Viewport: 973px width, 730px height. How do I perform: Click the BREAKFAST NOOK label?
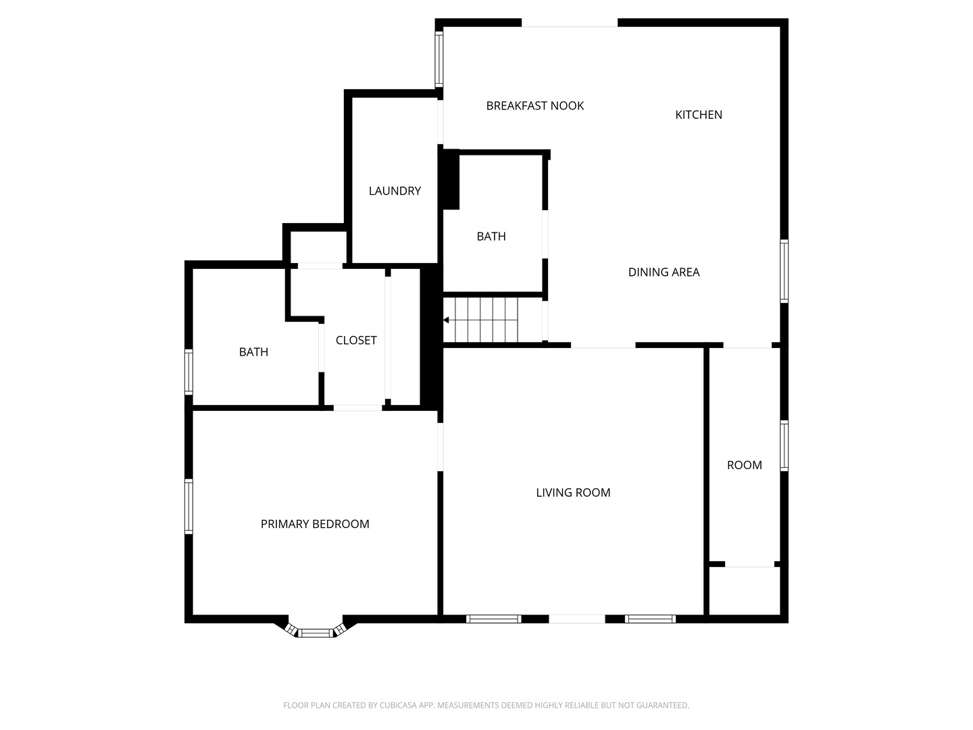tap(534, 105)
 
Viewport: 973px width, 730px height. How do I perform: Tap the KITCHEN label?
tap(699, 115)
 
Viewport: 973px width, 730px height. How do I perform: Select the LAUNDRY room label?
tap(395, 191)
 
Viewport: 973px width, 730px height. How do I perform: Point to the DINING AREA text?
tap(664, 272)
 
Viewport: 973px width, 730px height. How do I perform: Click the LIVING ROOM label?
tap(573, 493)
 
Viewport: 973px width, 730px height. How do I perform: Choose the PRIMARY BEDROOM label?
tap(315, 524)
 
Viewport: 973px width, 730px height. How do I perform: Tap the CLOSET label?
tap(356, 341)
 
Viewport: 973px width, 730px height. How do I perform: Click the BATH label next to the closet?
tap(253, 352)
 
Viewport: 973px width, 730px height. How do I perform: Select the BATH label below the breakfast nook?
tap(491, 237)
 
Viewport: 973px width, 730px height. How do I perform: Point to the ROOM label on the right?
tap(744, 465)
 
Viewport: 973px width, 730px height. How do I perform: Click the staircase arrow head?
tap(446, 320)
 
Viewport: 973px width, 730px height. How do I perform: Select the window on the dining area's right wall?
tap(784, 271)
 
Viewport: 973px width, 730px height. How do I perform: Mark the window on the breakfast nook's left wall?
tap(439, 59)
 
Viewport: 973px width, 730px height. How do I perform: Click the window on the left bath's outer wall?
tap(189, 371)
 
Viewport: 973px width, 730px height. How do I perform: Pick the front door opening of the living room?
tap(576, 618)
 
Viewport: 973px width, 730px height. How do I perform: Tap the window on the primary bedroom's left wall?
tap(189, 506)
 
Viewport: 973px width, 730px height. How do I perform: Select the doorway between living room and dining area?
tap(603, 345)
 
